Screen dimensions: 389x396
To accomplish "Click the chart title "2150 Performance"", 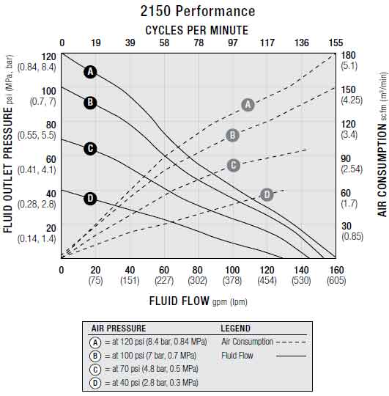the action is pyautogui.click(x=198, y=11).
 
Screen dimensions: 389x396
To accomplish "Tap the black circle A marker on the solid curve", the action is pyautogui.click(x=90, y=72).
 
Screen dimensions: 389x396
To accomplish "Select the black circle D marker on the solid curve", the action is pyautogui.click(x=90, y=198).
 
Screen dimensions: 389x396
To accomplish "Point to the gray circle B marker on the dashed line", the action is pyautogui.click(x=232, y=135).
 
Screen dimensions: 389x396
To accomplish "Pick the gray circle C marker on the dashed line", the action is pyautogui.click(x=234, y=166).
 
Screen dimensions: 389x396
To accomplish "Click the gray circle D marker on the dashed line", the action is pyautogui.click(x=267, y=194).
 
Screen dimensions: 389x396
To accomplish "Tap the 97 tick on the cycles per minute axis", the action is pyautogui.click(x=232, y=43).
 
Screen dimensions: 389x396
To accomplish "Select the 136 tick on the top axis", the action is pyautogui.click(x=302, y=43).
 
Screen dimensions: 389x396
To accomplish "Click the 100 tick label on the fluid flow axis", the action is pyautogui.click(x=232, y=270).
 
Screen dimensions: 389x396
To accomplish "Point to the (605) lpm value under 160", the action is pyautogui.click(x=336, y=281).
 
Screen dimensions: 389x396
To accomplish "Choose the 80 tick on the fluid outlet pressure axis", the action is pyautogui.click(x=51, y=125).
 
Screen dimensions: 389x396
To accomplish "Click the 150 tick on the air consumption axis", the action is pyautogui.click(x=348, y=89).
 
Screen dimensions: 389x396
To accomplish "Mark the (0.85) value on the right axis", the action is pyautogui.click(x=352, y=237).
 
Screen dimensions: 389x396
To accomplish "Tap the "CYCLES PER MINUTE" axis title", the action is pyautogui.click(x=197, y=30).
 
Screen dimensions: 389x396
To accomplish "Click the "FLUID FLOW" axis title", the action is pyautogui.click(x=179, y=301).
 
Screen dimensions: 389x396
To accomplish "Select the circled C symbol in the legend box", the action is pyautogui.click(x=95, y=370).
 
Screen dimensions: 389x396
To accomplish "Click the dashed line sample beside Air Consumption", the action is pyautogui.click(x=291, y=342).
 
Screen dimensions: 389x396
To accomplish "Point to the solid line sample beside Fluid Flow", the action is pyautogui.click(x=291, y=356).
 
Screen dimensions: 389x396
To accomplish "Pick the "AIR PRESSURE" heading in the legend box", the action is pyautogui.click(x=119, y=329).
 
